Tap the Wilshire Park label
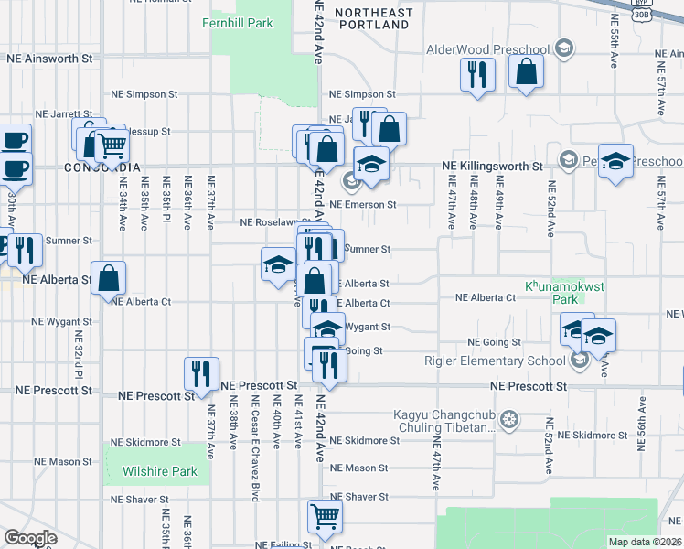[159, 472]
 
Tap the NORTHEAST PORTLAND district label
[372, 18]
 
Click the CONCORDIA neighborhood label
[103, 167]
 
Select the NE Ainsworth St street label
[50, 57]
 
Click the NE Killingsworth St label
[491, 167]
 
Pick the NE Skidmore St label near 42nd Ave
[364, 440]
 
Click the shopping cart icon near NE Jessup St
[112, 145]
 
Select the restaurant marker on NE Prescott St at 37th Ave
[201, 373]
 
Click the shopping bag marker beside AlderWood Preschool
[527, 71]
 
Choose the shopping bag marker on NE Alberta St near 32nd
[108, 277]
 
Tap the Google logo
[30, 537]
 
